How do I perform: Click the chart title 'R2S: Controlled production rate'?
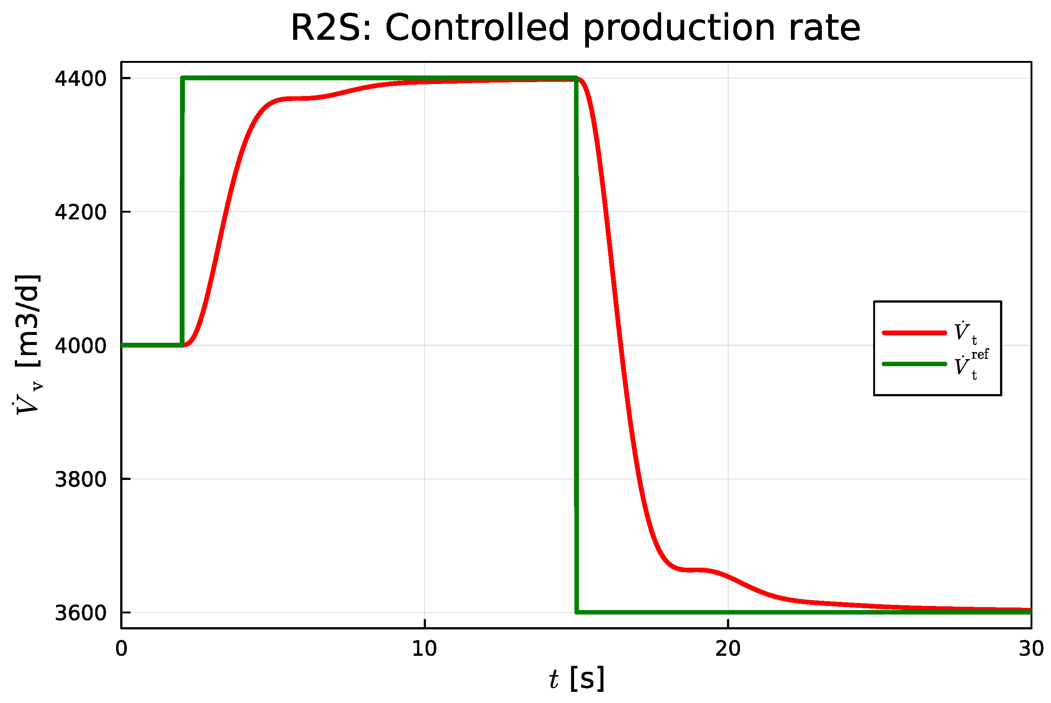pyautogui.click(x=575, y=28)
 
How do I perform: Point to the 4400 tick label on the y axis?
pyautogui.click(x=80, y=78)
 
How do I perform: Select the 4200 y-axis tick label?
pyautogui.click(x=80, y=212)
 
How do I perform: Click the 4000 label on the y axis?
pyautogui.click(x=80, y=346)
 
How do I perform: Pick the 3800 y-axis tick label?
pyautogui.click(x=80, y=479)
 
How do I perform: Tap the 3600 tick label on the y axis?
pyautogui.click(x=80, y=613)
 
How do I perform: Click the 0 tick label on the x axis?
pyautogui.click(x=121, y=649)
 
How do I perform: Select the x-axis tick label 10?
pyautogui.click(x=424, y=649)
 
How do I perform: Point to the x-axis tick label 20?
pyautogui.click(x=728, y=649)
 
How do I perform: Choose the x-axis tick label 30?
pyautogui.click(x=1031, y=649)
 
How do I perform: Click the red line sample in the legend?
pyautogui.click(x=914, y=333)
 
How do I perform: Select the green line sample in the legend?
pyautogui.click(x=914, y=364)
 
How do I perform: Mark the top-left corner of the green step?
pyautogui.click(x=183, y=78)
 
